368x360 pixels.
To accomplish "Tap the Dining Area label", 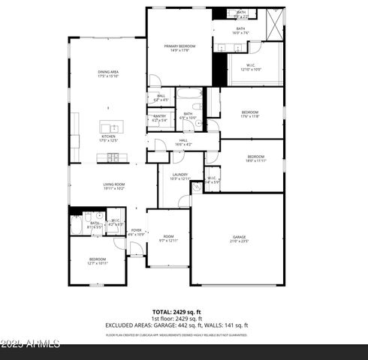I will pos(109,73).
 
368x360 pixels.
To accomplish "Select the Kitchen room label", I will pos(108,138).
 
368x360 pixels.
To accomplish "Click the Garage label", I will pos(239,239).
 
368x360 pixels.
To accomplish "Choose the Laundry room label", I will pos(180,176).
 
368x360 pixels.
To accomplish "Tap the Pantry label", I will pos(160,118).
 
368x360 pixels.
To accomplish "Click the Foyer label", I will pos(137,232).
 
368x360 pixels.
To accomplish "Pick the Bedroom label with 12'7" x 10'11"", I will pos(98,261).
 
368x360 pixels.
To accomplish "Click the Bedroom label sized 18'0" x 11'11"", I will pos(255,158).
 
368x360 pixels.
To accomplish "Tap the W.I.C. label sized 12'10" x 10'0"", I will pos(251,67).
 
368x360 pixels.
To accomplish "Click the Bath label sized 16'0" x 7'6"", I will pos(240,31).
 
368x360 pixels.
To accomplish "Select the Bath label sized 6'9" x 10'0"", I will pos(188,115).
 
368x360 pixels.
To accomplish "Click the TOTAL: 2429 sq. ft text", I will pos(176,312).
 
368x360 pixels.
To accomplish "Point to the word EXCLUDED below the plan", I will pos(123,325).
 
